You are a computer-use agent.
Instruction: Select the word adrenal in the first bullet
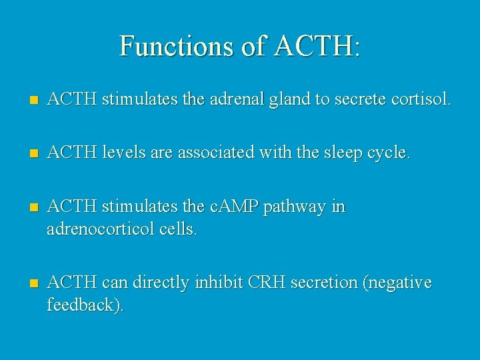pos(231,100)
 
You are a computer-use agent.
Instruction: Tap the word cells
pos(176,230)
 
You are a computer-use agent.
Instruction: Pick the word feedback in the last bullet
pos(83,306)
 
